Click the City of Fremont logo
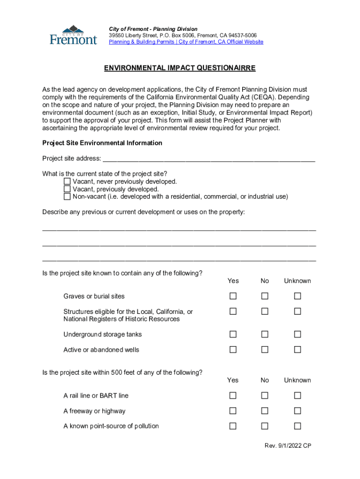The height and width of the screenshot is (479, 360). coord(73,35)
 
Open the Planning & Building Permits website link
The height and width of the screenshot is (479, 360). coord(186,42)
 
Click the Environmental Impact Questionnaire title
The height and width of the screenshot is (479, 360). coord(180,68)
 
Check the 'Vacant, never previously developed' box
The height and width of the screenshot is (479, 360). coord(67,181)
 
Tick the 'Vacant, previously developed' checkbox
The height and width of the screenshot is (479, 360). coord(67,189)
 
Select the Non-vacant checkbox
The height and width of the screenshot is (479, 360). coord(67,196)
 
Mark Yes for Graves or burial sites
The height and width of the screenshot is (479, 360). coord(233,296)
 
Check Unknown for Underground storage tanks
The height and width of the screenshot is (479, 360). coord(297,334)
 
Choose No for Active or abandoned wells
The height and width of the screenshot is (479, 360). coord(265,349)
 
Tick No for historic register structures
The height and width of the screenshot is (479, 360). coord(265,312)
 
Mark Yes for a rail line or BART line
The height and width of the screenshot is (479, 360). coord(233,396)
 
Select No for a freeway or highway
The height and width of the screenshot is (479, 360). coord(265,411)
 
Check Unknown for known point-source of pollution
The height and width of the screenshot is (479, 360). coord(297,426)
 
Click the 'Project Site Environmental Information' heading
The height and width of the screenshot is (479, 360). coord(102,143)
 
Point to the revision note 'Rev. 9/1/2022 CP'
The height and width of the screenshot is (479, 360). coord(288,446)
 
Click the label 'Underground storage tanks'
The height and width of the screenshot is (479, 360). coord(102,334)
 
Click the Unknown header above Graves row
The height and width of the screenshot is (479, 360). coord(297,281)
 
